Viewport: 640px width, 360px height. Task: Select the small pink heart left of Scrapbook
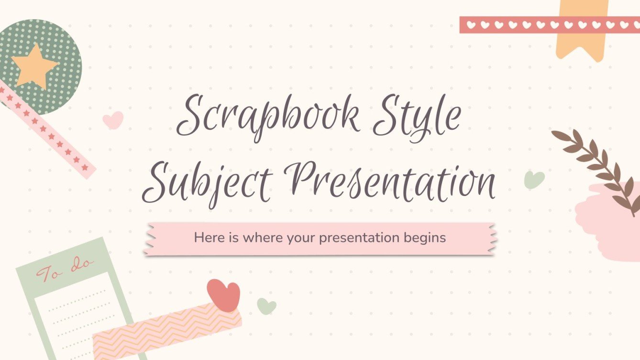[113, 120]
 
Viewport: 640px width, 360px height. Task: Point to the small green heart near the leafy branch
[534, 180]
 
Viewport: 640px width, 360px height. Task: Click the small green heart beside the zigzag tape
[266, 305]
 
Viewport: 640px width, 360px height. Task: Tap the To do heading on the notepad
[66, 270]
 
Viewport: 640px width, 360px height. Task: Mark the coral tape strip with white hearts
[545, 25]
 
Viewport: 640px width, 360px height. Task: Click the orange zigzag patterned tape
[167, 330]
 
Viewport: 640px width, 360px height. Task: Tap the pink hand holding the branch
[607, 225]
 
